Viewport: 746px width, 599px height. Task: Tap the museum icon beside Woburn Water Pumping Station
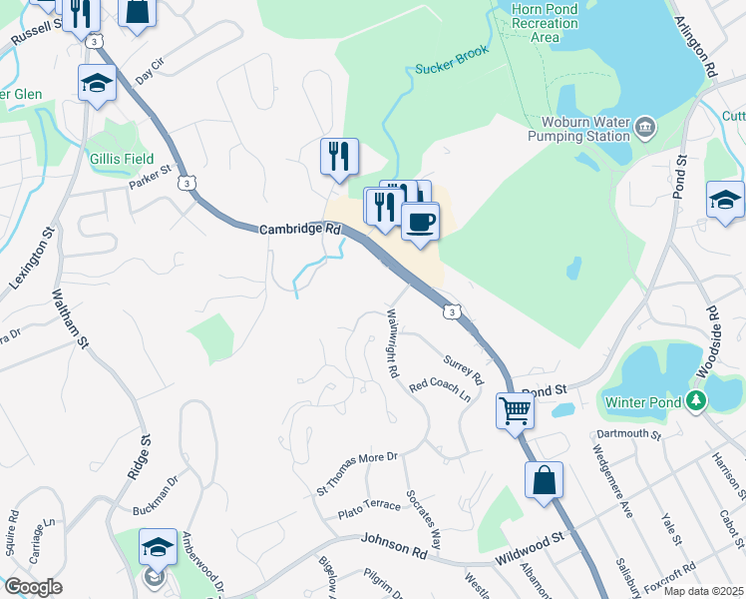[x=645, y=126]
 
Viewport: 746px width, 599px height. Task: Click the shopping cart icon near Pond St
[x=515, y=408]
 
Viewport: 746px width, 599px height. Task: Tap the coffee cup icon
[x=420, y=221]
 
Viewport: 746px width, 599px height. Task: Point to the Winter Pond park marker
[x=696, y=402]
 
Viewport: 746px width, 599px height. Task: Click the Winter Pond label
[x=644, y=402]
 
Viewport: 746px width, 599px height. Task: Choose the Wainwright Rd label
[x=392, y=342]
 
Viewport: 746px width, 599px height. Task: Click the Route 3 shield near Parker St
[x=186, y=183]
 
